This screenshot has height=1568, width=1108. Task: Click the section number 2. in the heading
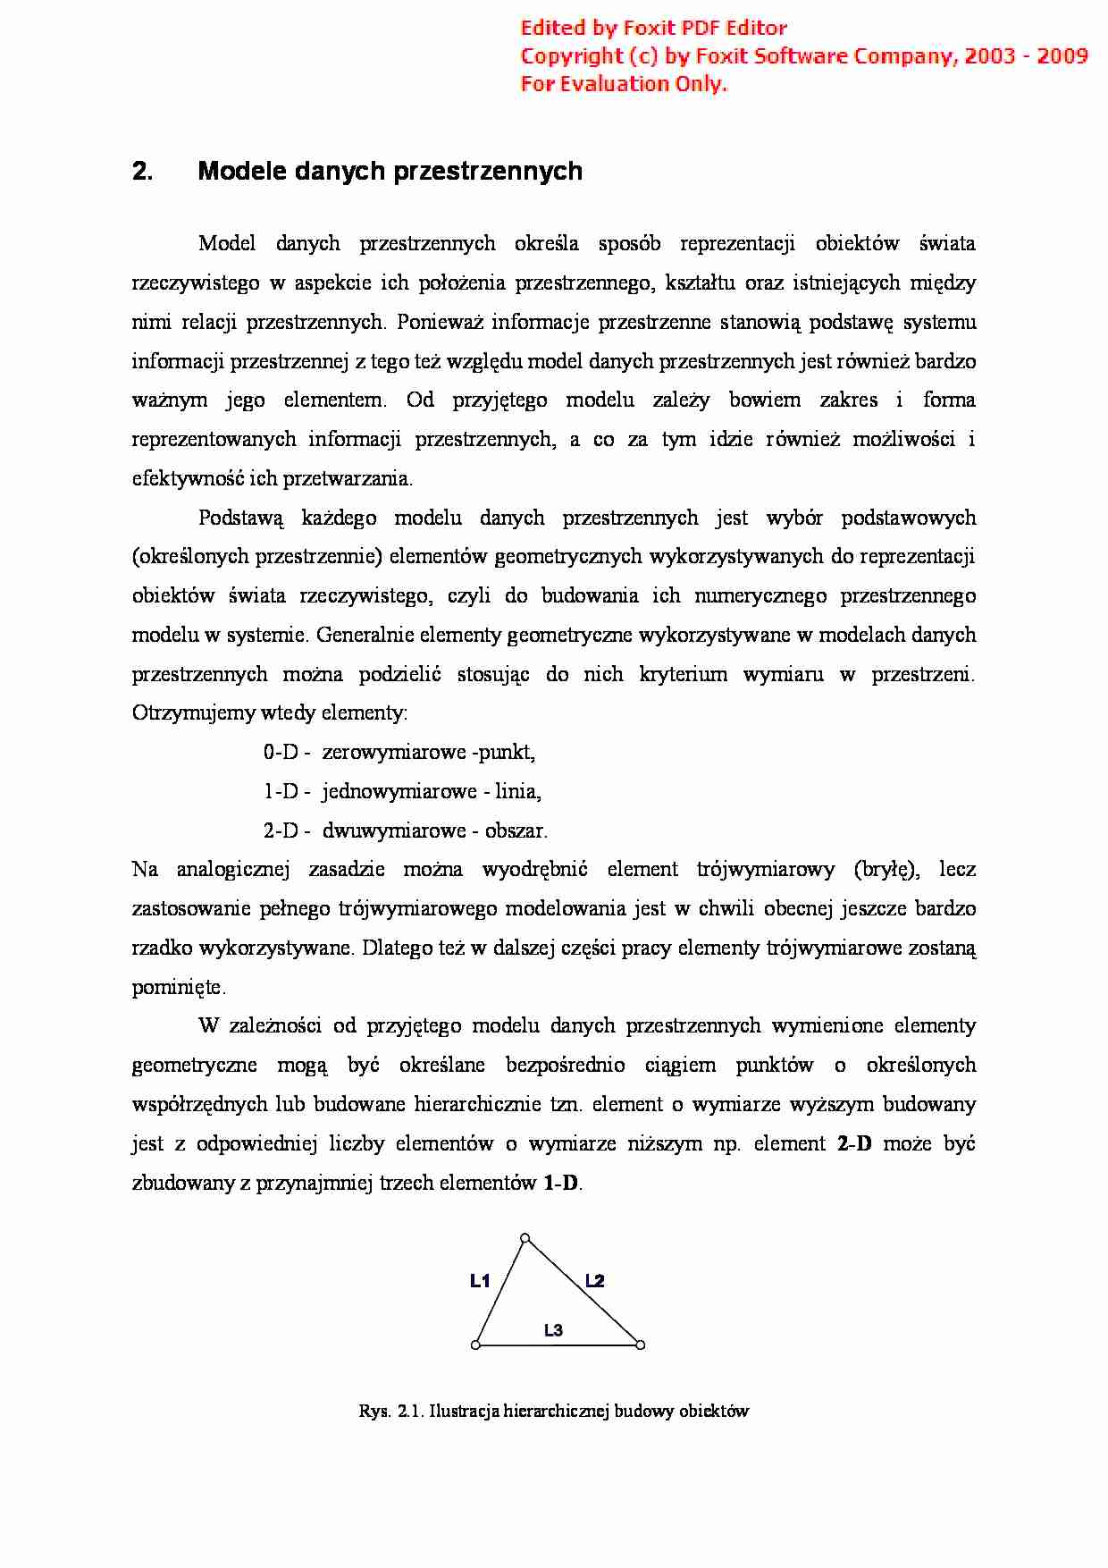pos(142,172)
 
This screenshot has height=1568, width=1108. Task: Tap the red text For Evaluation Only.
pos(624,84)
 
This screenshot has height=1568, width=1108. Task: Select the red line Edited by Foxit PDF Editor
pos(653,28)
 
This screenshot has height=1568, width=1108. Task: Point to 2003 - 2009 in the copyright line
pos(1026,55)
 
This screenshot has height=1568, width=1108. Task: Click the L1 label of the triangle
pos(480,1281)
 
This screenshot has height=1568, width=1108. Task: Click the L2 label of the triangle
pos(595,1281)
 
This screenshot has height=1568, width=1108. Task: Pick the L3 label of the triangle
pos(553,1330)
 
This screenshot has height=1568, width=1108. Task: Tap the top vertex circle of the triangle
pos(525,1238)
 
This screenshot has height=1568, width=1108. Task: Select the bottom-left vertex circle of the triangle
pos(475,1345)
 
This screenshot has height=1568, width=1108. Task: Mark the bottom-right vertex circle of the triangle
pos(640,1345)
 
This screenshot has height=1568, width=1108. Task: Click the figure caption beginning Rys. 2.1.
pos(554,1412)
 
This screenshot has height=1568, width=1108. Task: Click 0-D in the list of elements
pos(281,753)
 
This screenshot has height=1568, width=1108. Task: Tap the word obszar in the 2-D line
pos(515,831)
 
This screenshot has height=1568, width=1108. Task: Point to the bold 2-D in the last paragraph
pos(854,1144)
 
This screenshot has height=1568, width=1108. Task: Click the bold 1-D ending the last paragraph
pos(561,1184)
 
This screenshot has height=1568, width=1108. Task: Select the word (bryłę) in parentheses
pos(886,870)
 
